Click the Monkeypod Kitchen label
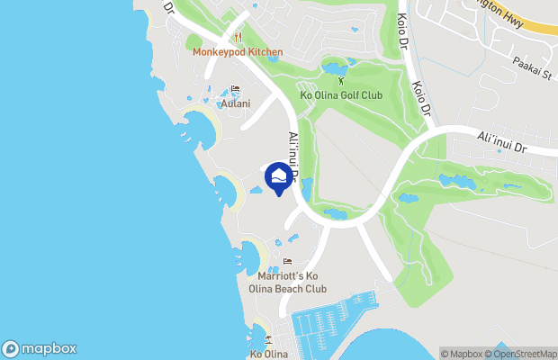pyautogui.click(x=238, y=51)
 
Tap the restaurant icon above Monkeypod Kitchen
pyautogui.click(x=238, y=38)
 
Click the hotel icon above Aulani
pyautogui.click(x=235, y=90)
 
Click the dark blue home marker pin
pyautogui.click(x=280, y=175)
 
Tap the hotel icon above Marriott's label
pyautogui.click(x=287, y=262)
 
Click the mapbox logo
pyautogui.click(x=40, y=348)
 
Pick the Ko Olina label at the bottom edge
pyautogui.click(x=268, y=355)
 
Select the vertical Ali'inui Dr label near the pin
pyautogui.click(x=292, y=153)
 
